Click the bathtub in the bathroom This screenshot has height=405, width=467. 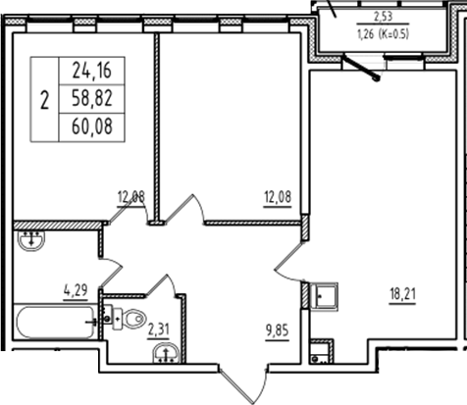[x=54, y=323]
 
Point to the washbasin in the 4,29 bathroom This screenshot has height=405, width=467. [x=32, y=238]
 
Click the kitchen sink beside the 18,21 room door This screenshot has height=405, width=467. [x=324, y=294]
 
